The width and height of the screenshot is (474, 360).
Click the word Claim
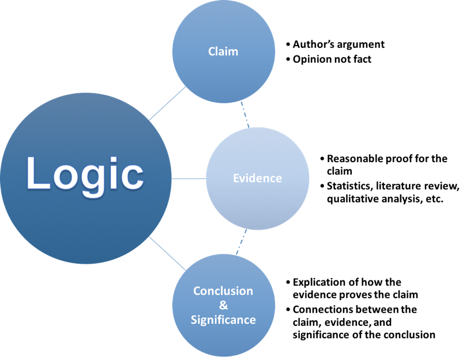point(223,51)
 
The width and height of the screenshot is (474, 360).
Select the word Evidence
point(257,178)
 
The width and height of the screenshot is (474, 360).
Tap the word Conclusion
point(223,291)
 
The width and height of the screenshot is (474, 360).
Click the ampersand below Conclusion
point(224,305)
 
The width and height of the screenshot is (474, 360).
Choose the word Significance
point(223,320)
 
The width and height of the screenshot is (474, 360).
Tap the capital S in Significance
point(194,320)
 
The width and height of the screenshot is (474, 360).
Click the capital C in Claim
point(212,51)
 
